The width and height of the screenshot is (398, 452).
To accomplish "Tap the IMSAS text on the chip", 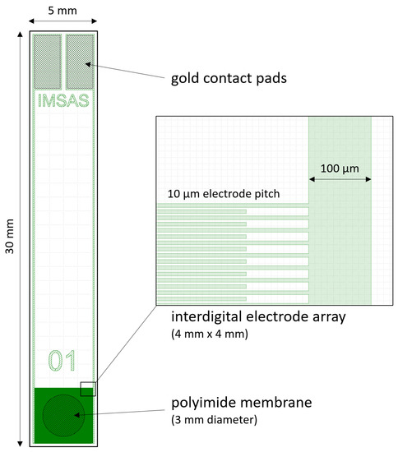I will [64, 102].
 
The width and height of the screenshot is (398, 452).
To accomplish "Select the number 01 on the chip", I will [62, 361].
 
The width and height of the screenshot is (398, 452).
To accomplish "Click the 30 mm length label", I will [10, 238].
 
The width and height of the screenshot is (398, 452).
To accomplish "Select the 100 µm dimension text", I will [340, 168].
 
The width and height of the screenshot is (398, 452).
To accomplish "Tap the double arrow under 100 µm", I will [340, 179].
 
